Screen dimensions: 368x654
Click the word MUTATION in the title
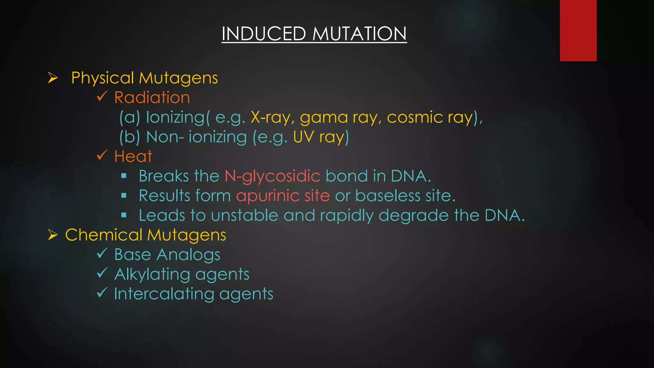pyautogui.click(x=359, y=34)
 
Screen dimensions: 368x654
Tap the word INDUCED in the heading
pyautogui.click(x=264, y=34)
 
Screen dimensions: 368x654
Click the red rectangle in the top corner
pyautogui.click(x=578, y=30)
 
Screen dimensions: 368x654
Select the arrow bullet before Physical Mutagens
pyautogui.click(x=53, y=78)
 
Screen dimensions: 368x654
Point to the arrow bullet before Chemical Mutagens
pyautogui.click(x=53, y=235)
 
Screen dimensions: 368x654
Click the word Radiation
pyautogui.click(x=152, y=97)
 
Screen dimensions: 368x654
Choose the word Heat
pyautogui.click(x=133, y=157)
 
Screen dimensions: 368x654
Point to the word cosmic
pyautogui.click(x=415, y=118)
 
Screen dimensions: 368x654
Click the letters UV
pyautogui.click(x=303, y=137)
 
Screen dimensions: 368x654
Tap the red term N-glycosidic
pyautogui.click(x=272, y=176)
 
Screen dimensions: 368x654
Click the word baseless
pyautogui.click(x=388, y=195)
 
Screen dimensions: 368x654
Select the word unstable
pyautogui.click(x=245, y=215)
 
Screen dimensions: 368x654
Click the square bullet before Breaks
pyautogui.click(x=124, y=176)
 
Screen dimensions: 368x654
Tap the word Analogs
pyautogui.click(x=188, y=255)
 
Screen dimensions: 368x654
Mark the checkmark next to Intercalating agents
pyautogui.click(x=102, y=292)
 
